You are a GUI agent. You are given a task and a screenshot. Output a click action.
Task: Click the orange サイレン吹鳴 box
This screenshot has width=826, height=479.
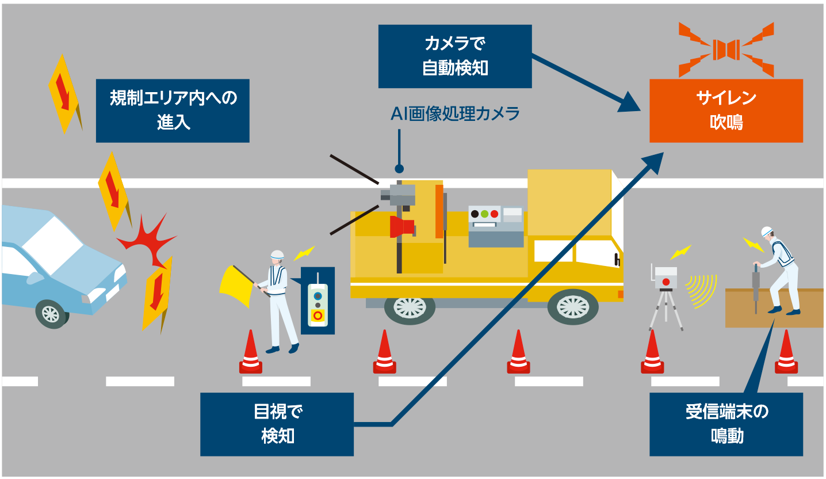[x=726, y=111]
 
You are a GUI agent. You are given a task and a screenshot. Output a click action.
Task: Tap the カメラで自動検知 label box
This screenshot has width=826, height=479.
[x=455, y=56]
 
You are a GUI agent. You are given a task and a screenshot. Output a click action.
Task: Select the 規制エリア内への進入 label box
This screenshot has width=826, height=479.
[x=173, y=111]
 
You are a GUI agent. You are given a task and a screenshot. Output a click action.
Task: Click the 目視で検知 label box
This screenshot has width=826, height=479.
[x=277, y=424]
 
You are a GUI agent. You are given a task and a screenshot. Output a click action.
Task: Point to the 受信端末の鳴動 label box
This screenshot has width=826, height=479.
[x=726, y=424]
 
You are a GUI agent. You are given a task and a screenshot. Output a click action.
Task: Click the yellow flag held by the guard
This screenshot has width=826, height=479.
[x=235, y=286]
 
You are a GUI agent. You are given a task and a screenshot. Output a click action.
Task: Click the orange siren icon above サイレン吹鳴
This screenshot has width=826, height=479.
[x=726, y=50]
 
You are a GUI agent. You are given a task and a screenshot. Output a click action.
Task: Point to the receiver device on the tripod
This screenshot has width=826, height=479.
[x=666, y=280]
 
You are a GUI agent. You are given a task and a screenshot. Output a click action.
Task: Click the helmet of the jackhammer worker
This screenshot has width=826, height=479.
[x=766, y=232]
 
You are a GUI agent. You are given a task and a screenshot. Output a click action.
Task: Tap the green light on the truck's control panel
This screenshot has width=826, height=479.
[x=484, y=214]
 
